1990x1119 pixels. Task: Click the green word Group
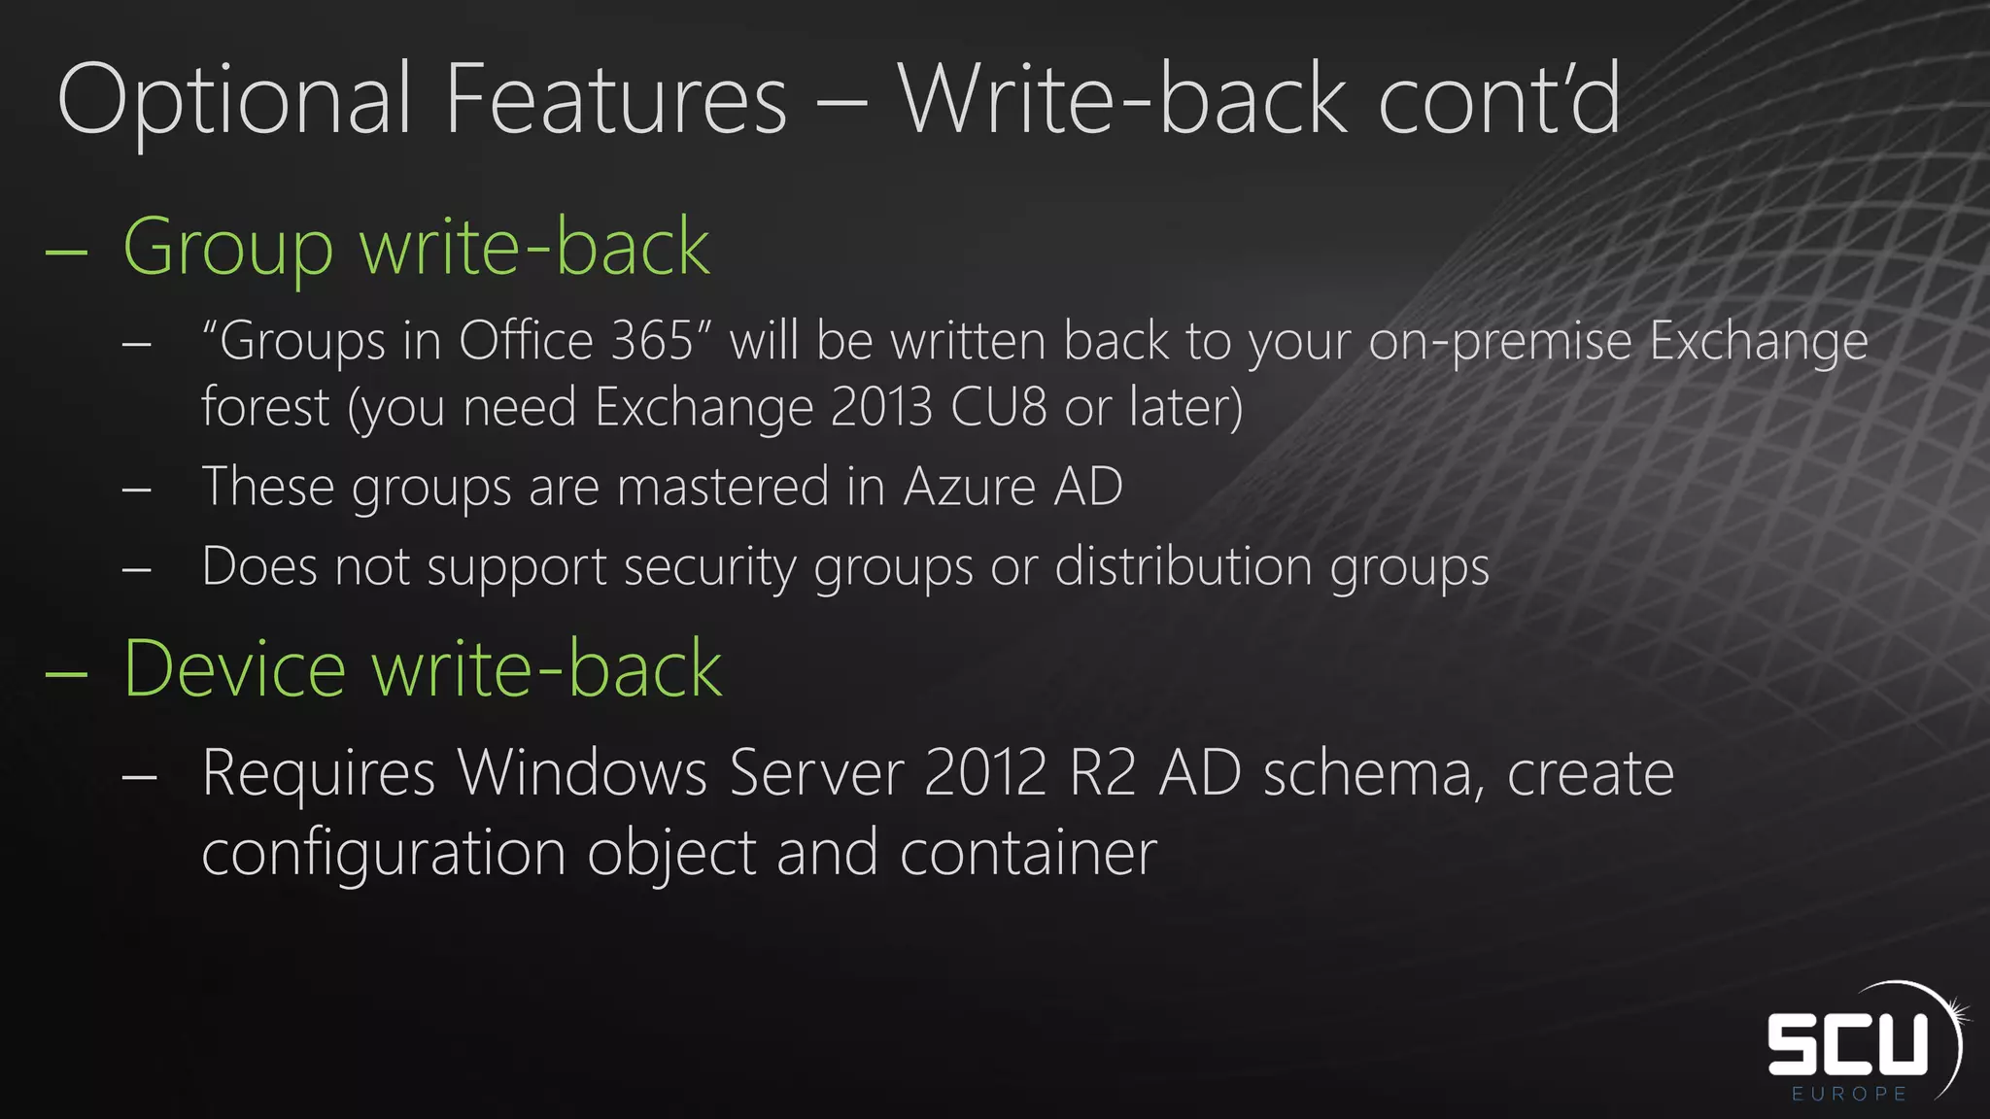pos(228,249)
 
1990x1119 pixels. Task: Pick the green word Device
pos(234,669)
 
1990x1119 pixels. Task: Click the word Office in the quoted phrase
pos(526,341)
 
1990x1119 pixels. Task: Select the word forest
pos(265,406)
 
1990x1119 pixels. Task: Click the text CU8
pos(998,406)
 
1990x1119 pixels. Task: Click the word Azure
pos(969,486)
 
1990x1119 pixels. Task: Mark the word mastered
pos(723,486)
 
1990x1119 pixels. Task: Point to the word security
pos(709,567)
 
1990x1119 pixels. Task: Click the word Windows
pos(582,773)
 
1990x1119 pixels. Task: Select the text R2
pos(1102,773)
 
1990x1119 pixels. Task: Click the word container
pos(1028,853)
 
